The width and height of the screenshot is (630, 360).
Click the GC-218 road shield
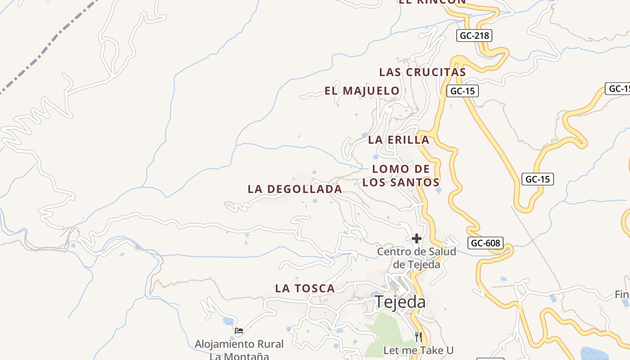pos(474,36)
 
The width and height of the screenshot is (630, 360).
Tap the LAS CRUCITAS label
pos(422,72)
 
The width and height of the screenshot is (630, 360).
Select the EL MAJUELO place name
pos(362,91)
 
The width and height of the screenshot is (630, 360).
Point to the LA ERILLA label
pos(399,140)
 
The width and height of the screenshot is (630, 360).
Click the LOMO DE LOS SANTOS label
pos(401,175)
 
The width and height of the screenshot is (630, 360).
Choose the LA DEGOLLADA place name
pos(295,189)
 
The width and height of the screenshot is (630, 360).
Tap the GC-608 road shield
pos(484,243)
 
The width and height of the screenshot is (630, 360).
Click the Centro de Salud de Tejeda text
pos(416,258)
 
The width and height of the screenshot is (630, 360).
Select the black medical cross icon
pos(417,238)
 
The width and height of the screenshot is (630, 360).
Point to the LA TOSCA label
pos(305,288)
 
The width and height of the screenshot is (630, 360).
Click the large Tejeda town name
pos(400,302)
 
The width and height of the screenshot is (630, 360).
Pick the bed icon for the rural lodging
pos(239,331)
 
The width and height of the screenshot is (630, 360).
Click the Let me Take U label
pos(418,350)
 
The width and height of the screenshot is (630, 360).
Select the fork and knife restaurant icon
pos(418,336)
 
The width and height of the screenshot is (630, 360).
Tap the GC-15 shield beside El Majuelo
pos(462,91)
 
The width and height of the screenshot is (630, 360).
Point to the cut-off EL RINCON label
pos(432,2)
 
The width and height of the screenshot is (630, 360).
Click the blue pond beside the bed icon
pos(228,321)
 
